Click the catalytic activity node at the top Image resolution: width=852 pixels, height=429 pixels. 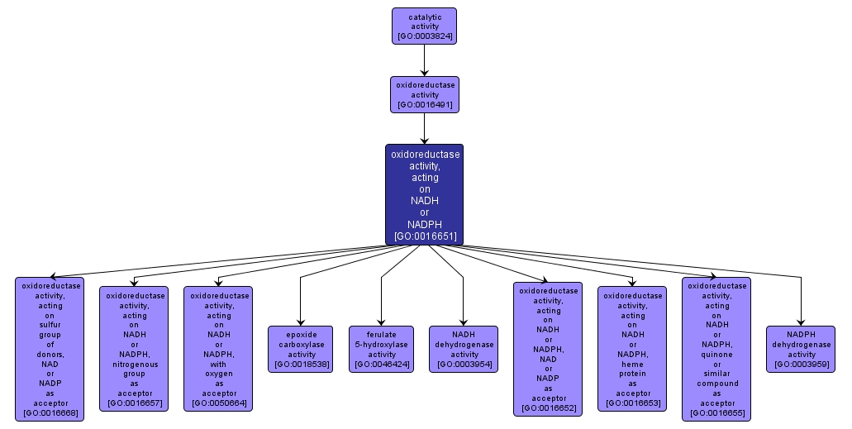[x=424, y=26]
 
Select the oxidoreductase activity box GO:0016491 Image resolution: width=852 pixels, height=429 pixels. [x=424, y=94]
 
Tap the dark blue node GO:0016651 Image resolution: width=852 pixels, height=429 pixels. [x=424, y=194]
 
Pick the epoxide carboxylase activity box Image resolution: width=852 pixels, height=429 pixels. [x=300, y=349]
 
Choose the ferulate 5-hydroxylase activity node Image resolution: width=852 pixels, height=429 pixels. [x=381, y=349]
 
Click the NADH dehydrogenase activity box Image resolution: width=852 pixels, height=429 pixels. [x=464, y=349]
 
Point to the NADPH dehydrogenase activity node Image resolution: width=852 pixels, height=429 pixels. [x=800, y=349]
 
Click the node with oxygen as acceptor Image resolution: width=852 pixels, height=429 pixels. [x=218, y=348]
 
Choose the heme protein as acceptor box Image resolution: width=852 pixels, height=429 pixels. [x=632, y=348]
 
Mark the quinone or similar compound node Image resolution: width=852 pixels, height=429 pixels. [x=716, y=348]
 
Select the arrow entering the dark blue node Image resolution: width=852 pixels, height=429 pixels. [x=424, y=128]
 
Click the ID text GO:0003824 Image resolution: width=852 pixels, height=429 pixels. [x=424, y=36]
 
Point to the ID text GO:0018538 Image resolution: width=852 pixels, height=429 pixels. [x=300, y=364]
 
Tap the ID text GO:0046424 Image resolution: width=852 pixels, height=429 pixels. [x=381, y=364]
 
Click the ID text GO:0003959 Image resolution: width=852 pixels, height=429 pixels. [x=800, y=364]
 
